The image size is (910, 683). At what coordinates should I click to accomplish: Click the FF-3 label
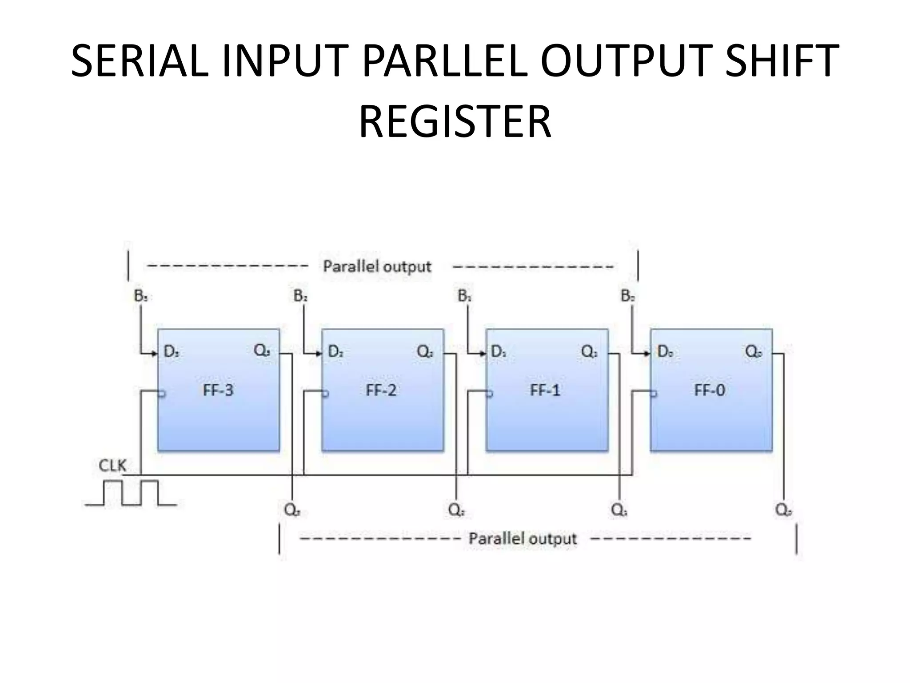point(218,390)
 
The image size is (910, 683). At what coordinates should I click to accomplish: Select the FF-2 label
point(381,390)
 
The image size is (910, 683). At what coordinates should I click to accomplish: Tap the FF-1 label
point(545,390)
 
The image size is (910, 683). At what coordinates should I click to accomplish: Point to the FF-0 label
point(709,390)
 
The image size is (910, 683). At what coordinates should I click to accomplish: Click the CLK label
point(112,466)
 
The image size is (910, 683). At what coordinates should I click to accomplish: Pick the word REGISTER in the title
point(455,121)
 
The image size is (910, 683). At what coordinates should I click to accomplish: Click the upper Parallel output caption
point(377,266)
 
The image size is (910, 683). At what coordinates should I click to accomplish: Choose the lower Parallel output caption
point(523,538)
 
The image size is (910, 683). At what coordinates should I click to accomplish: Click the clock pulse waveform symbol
point(131,493)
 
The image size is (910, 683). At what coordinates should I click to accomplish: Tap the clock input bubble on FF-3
point(162,394)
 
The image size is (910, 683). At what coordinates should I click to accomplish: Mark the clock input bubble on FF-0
point(654,394)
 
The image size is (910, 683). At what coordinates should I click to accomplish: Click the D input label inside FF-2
point(335,352)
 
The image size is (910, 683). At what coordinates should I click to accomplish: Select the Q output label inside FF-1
point(589,352)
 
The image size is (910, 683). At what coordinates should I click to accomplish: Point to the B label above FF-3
point(140,296)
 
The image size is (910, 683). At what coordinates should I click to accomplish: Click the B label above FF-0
point(627,296)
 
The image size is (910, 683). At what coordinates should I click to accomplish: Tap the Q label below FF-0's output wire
point(783,510)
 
